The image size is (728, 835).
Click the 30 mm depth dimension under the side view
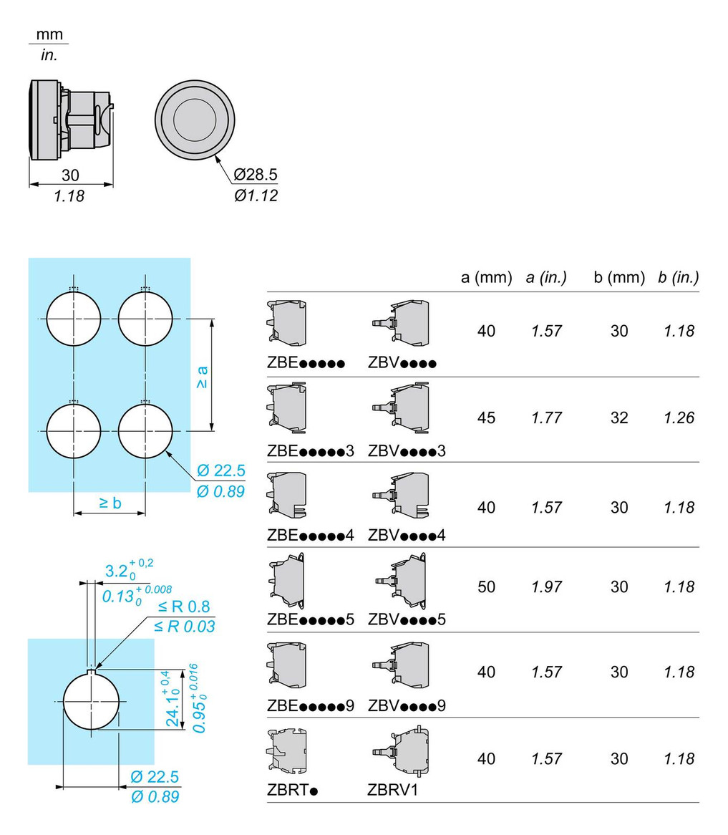pos(70,175)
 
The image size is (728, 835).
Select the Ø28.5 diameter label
pos(256,174)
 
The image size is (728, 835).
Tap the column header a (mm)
pos(486,277)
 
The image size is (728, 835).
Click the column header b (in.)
pos(678,277)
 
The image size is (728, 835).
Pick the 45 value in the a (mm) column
pos(486,417)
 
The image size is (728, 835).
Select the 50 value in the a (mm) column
pos(486,587)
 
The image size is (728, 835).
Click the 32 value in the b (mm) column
pos(619,417)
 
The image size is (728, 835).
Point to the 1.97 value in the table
pos(546,587)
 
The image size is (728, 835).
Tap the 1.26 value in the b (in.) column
pos(678,417)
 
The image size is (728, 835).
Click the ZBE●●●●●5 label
pos(311,619)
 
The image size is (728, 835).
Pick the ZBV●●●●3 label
pos(407,451)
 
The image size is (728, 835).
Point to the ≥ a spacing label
pos(203,376)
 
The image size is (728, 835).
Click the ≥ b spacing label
pos(110,503)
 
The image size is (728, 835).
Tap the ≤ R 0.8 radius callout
pos(185,607)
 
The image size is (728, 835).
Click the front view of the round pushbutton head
pos(195,117)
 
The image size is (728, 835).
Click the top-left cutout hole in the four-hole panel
pos(74,319)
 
